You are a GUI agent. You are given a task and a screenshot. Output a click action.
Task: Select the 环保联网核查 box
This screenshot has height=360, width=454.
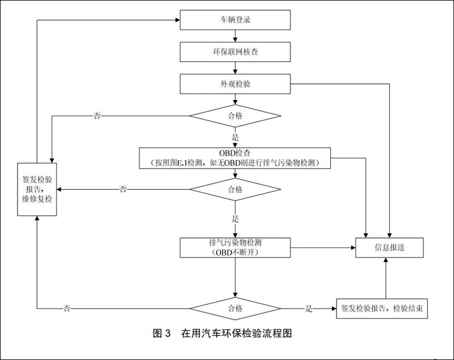[235, 52]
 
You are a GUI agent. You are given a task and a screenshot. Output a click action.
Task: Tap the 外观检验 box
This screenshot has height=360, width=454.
[235, 84]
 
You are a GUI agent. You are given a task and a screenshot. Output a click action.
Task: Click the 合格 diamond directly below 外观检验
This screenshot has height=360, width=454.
[235, 116]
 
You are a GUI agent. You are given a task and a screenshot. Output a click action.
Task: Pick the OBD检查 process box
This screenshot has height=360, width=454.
[235, 158]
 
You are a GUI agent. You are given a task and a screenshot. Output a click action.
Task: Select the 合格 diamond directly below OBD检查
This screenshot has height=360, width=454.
[235, 189]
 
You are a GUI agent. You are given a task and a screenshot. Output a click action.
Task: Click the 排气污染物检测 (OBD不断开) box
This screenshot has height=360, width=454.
[235, 247]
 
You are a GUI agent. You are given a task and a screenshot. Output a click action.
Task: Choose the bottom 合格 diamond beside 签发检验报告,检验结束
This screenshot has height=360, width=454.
[235, 308]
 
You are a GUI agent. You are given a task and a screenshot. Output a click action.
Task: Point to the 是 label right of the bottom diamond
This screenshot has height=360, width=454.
[309, 308]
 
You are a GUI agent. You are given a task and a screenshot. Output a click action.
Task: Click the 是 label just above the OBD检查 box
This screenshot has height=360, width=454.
[235, 137]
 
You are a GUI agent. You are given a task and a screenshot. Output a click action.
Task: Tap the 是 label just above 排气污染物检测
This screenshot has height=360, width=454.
[235, 218]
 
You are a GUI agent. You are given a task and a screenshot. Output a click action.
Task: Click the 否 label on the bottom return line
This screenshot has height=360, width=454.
[67, 308]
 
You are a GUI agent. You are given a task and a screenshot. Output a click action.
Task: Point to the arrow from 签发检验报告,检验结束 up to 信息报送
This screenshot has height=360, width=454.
[385, 278]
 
